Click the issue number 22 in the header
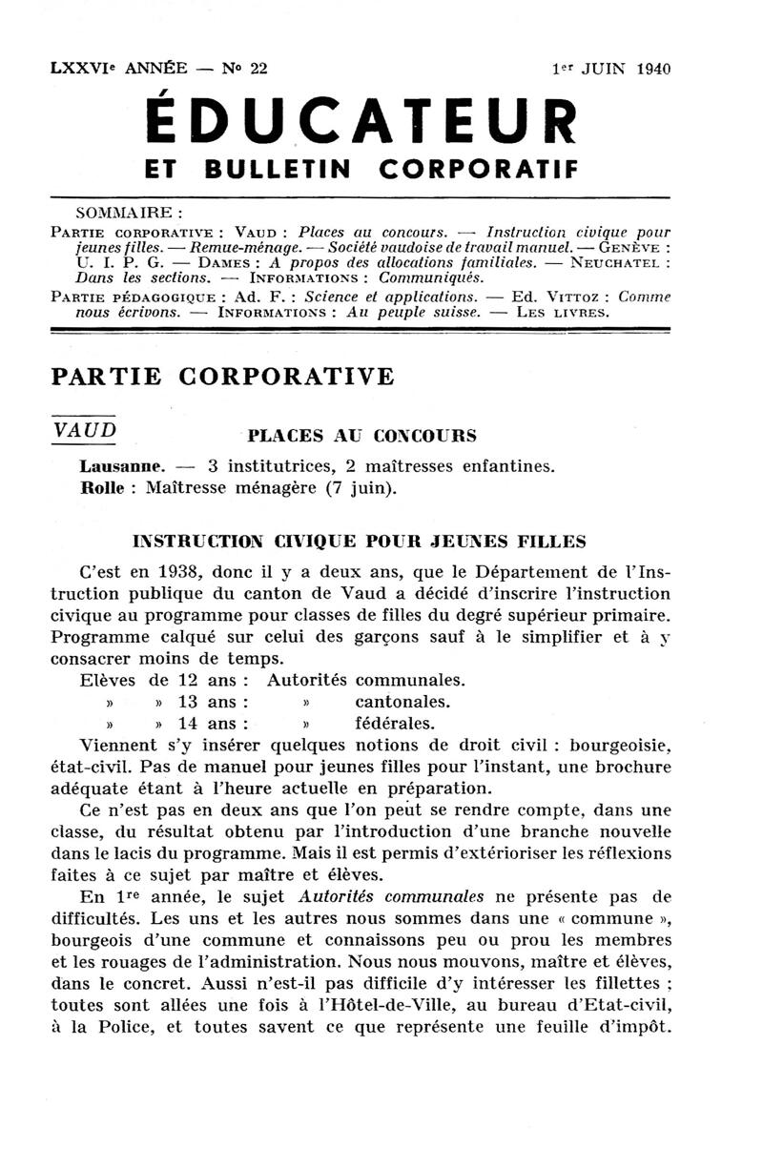coord(257,68)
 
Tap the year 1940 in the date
coord(650,69)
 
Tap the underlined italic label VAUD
coord(85,430)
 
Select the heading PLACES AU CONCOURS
coord(361,438)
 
